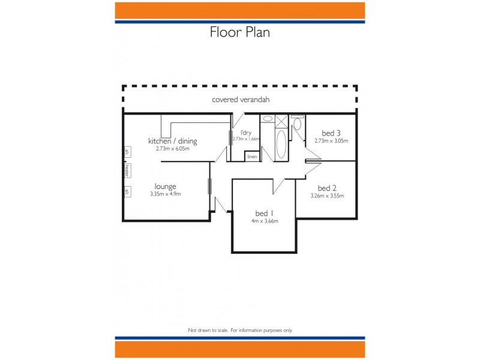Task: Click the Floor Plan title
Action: [239, 32]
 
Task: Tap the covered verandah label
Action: [240, 100]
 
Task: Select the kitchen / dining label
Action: [173, 142]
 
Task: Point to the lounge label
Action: [165, 187]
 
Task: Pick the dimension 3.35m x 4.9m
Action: [165, 194]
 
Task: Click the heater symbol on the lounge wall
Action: [127, 171]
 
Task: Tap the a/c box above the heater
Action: [127, 152]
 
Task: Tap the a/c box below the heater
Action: [127, 192]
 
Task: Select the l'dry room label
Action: [245, 132]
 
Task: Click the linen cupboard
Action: [252, 157]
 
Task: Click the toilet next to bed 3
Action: [297, 125]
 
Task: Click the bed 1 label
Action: [265, 214]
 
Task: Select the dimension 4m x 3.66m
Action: [265, 221]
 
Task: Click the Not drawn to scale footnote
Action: [240, 330]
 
